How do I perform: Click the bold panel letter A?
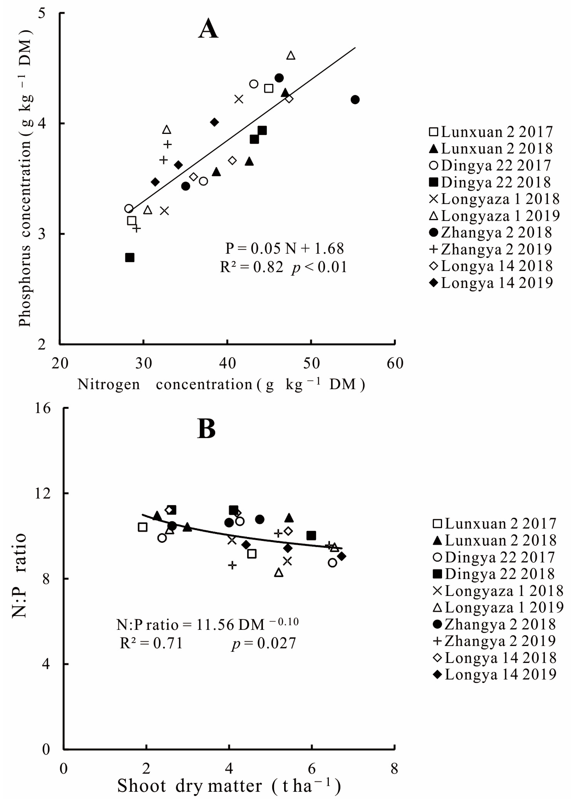coord(208,29)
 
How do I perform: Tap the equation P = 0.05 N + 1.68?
coord(284,248)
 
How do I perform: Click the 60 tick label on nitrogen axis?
coord(395,363)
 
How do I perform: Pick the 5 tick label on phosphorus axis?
coord(42,13)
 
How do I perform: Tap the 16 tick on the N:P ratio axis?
coord(42,408)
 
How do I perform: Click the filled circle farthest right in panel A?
coord(355,100)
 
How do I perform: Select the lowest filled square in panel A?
coord(130,258)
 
